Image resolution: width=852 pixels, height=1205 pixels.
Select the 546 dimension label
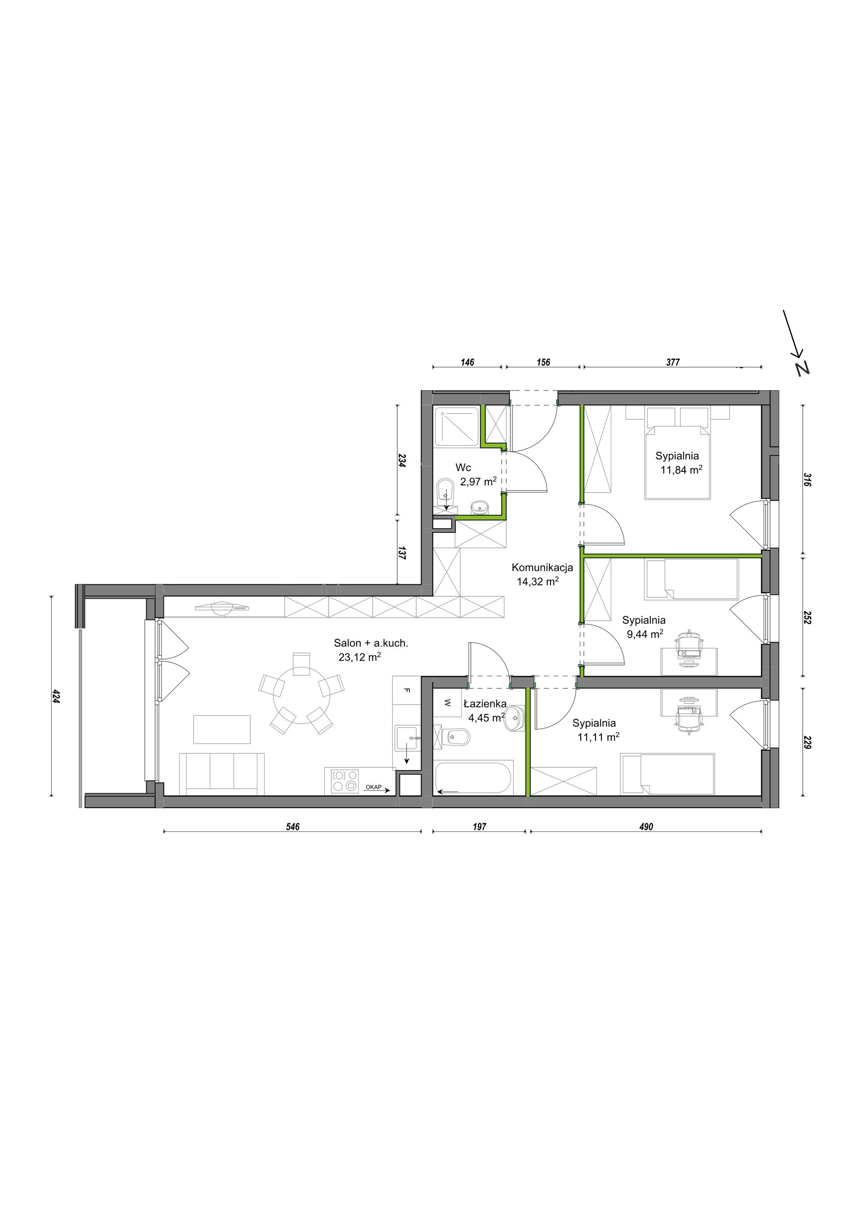(x=293, y=827)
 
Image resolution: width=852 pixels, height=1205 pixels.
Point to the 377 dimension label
(x=673, y=362)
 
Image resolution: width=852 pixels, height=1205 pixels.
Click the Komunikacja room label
(x=542, y=567)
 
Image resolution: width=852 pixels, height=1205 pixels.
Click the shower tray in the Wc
(x=456, y=426)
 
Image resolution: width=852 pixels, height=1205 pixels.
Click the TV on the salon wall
(x=222, y=608)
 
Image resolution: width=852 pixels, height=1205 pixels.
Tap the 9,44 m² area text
(x=645, y=634)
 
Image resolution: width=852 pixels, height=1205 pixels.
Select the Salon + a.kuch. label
(x=371, y=643)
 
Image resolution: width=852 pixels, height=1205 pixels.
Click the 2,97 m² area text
(x=478, y=481)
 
